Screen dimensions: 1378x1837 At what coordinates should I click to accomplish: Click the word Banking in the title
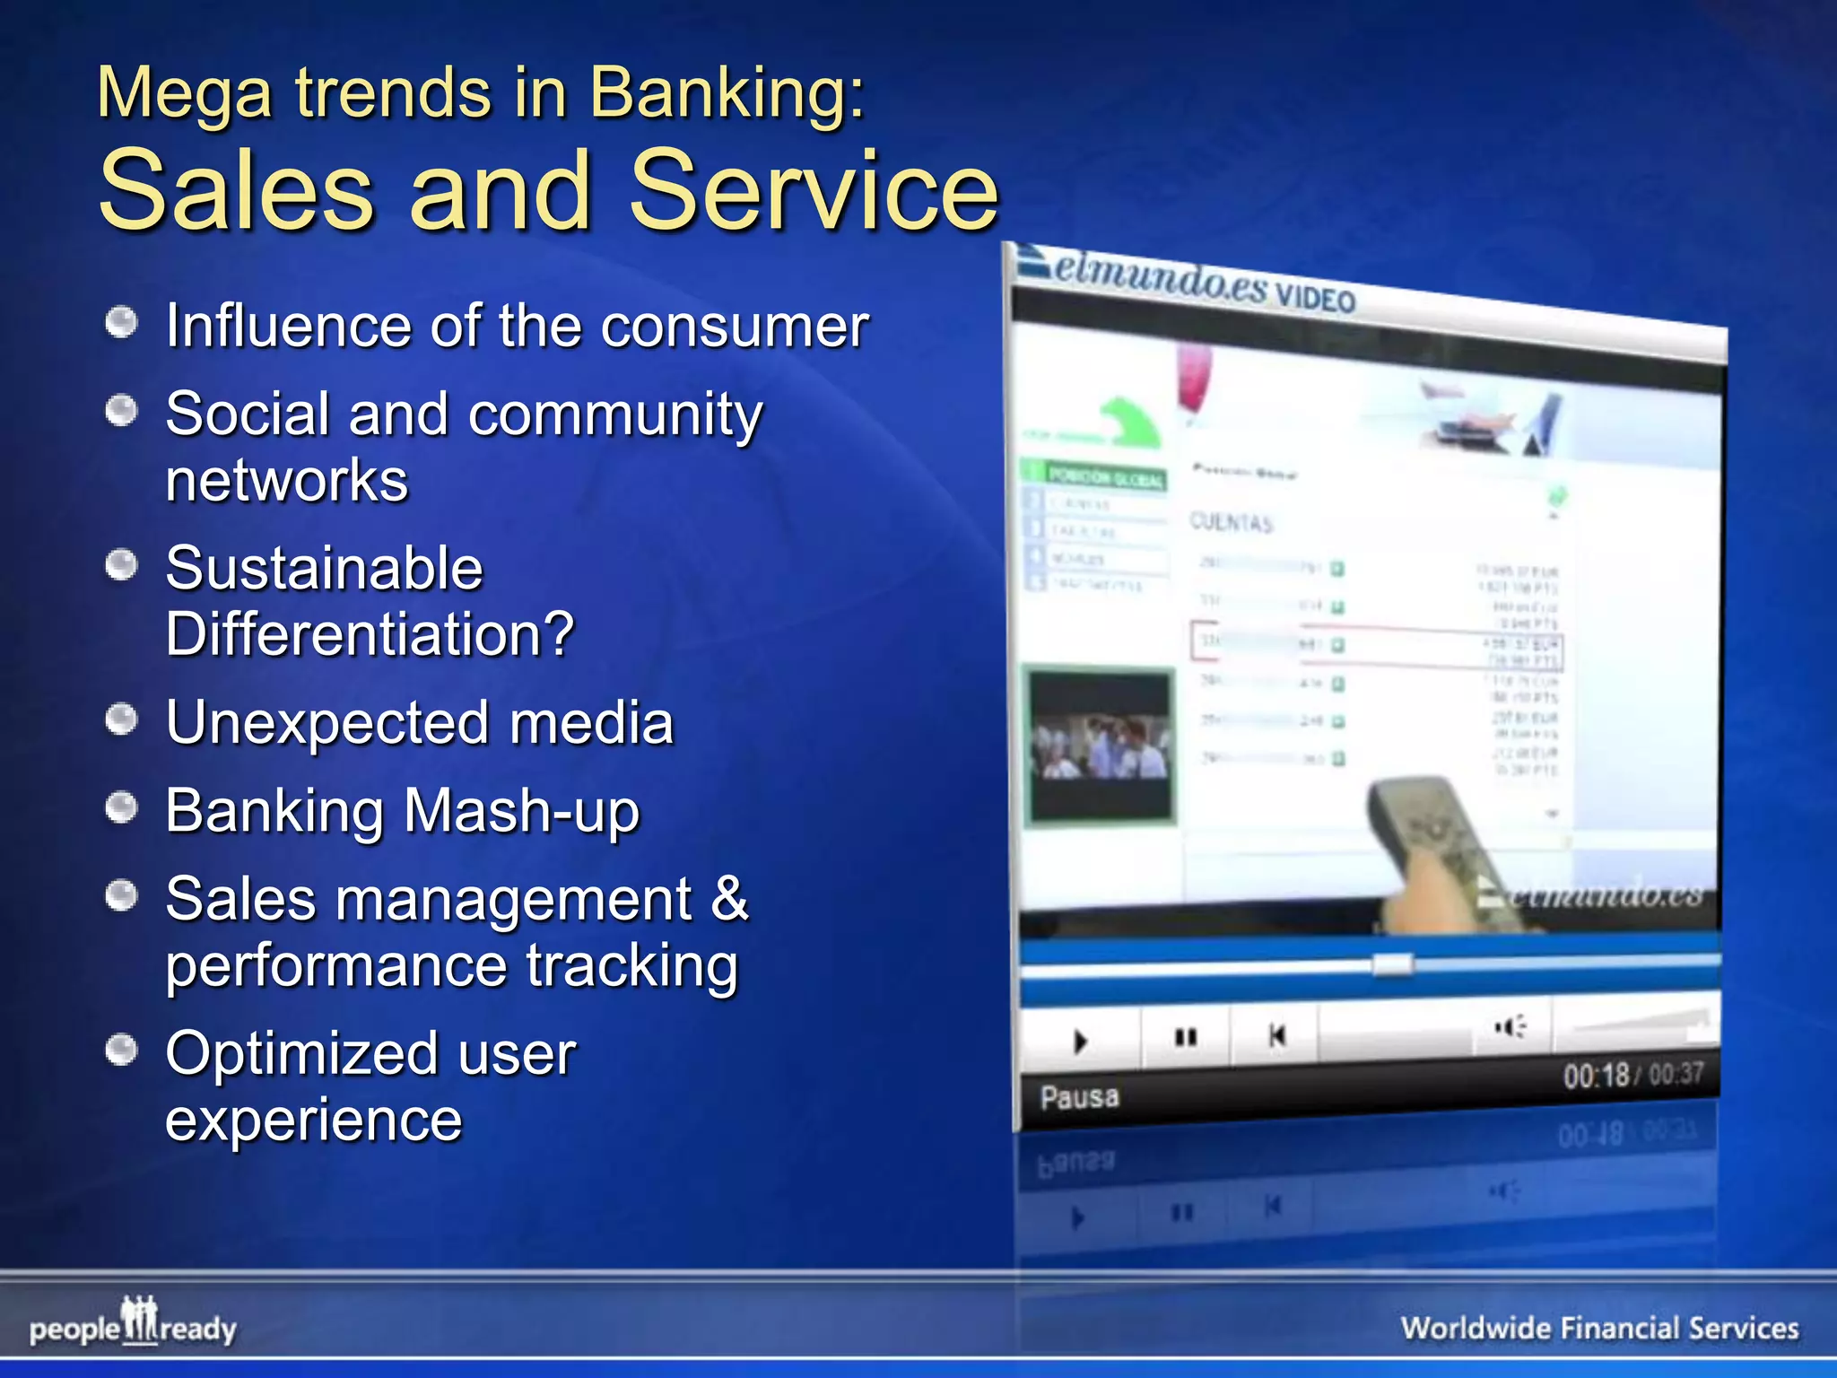pyautogui.click(x=727, y=94)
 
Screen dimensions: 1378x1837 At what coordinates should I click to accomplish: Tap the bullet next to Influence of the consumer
pyautogui.click(x=121, y=323)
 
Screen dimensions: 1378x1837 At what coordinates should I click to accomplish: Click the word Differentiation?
pyautogui.click(x=370, y=634)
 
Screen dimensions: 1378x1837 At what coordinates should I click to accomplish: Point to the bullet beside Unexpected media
pyautogui.click(x=121, y=719)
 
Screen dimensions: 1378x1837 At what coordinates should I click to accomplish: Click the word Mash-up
pyautogui.click(x=521, y=811)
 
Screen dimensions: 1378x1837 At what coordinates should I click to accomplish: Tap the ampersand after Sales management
pyautogui.click(x=729, y=898)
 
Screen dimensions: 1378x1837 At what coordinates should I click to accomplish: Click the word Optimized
pyautogui.click(x=301, y=1053)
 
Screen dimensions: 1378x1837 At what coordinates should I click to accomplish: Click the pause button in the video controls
pyautogui.click(x=1185, y=1038)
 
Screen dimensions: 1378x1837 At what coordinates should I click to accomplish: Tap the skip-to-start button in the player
pyautogui.click(x=1277, y=1036)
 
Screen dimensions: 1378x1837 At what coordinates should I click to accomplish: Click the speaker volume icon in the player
pyautogui.click(x=1510, y=1027)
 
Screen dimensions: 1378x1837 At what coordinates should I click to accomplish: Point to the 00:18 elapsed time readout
pyautogui.click(x=1596, y=1075)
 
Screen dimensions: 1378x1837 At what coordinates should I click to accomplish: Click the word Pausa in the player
pyautogui.click(x=1079, y=1096)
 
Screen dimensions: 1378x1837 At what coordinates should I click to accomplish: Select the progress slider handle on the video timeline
pyautogui.click(x=1392, y=965)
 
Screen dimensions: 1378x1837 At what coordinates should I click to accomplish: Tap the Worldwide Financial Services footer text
pyautogui.click(x=1599, y=1328)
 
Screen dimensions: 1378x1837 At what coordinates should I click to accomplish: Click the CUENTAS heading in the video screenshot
pyautogui.click(x=1231, y=522)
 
